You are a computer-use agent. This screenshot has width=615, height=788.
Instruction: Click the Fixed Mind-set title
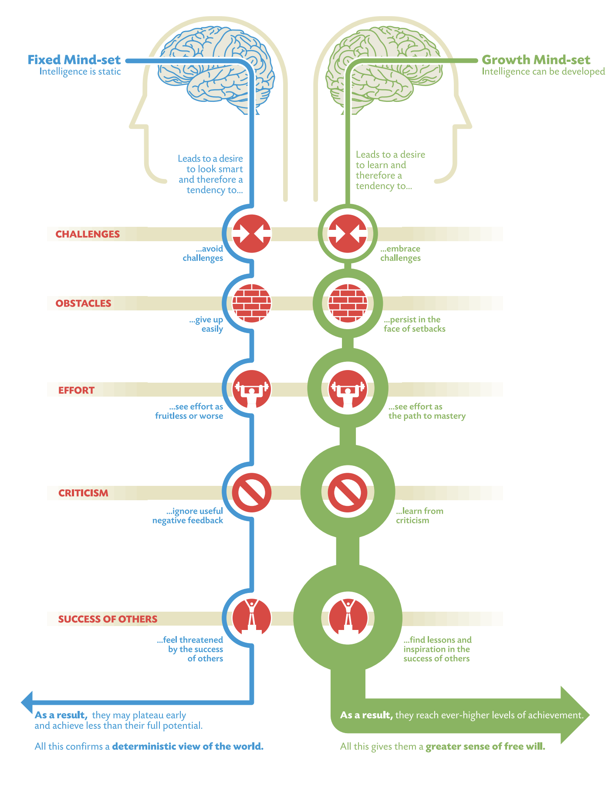coord(74,60)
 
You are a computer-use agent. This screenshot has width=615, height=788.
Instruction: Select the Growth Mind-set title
coord(536,60)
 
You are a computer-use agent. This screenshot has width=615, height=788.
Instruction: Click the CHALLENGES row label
coord(88,234)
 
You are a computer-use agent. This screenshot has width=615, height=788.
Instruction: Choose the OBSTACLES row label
coord(83,303)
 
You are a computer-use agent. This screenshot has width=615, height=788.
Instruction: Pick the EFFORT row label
coord(76,390)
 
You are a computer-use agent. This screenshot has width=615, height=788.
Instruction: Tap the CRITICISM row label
coord(83,493)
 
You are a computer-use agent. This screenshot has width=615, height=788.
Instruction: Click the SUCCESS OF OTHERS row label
coord(108,619)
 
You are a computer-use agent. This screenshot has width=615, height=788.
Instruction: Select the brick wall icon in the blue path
coord(252,303)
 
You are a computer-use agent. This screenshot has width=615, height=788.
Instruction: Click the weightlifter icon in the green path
coord(348,389)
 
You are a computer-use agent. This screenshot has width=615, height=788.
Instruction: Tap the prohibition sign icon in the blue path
coord(252,493)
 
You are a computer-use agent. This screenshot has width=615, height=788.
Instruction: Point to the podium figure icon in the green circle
coord(348,617)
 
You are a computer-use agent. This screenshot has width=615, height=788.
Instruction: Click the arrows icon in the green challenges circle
coord(348,234)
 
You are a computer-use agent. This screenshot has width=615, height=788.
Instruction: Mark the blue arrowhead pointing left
coord(27,702)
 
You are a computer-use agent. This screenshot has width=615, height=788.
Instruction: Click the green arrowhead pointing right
coord(575,715)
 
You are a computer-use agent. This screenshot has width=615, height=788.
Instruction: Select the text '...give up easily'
coord(206,324)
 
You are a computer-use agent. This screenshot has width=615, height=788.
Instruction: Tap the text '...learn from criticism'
coord(419,515)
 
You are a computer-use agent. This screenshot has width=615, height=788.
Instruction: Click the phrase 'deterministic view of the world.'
coord(188,746)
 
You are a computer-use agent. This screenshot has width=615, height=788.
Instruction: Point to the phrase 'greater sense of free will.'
coord(485,746)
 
